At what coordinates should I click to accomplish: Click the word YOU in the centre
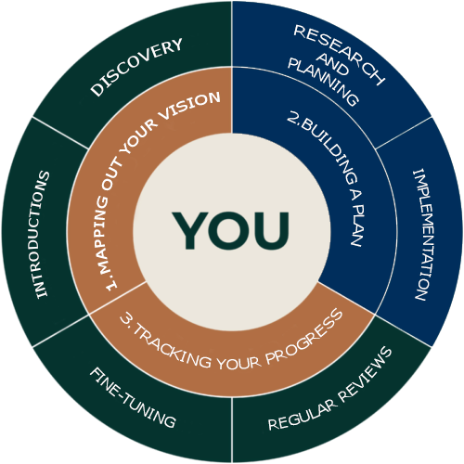[x=231, y=230]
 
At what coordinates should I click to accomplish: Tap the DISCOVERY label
[x=136, y=67]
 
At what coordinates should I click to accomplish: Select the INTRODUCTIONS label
[x=42, y=235]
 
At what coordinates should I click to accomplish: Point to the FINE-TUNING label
[x=133, y=398]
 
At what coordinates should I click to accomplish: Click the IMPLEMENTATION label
[x=422, y=234]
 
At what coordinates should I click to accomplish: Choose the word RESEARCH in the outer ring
[x=340, y=55]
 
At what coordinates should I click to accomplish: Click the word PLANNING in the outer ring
[x=323, y=83]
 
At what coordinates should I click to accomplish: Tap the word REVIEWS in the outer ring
[x=366, y=373]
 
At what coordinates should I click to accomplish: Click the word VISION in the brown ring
[x=189, y=106]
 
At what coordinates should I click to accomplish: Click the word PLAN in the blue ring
[x=358, y=226]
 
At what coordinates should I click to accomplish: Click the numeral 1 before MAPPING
[x=111, y=286]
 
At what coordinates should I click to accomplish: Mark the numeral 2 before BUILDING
[x=292, y=118]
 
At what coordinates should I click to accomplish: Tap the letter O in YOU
[x=231, y=230]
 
